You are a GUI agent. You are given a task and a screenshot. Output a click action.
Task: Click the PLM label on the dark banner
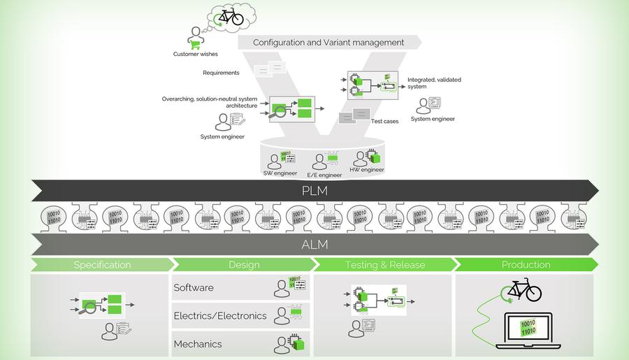314,190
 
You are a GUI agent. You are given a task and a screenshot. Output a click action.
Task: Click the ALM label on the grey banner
314,245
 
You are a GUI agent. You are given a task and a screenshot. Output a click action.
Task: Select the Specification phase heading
102,265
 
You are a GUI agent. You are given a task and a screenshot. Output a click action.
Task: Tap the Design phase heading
244,265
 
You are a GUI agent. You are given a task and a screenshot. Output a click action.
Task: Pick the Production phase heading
526,265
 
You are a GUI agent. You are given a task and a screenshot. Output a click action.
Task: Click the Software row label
194,287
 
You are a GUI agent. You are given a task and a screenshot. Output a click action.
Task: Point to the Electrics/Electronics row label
219,316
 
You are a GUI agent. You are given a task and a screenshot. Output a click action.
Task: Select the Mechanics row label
197,344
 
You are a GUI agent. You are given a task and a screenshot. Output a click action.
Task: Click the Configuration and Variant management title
328,43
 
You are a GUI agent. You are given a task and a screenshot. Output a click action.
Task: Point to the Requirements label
221,73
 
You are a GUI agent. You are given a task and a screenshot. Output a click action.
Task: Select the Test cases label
384,122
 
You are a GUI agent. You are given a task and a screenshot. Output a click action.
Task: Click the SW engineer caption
280,173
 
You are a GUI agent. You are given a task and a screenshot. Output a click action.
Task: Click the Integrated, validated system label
434,83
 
